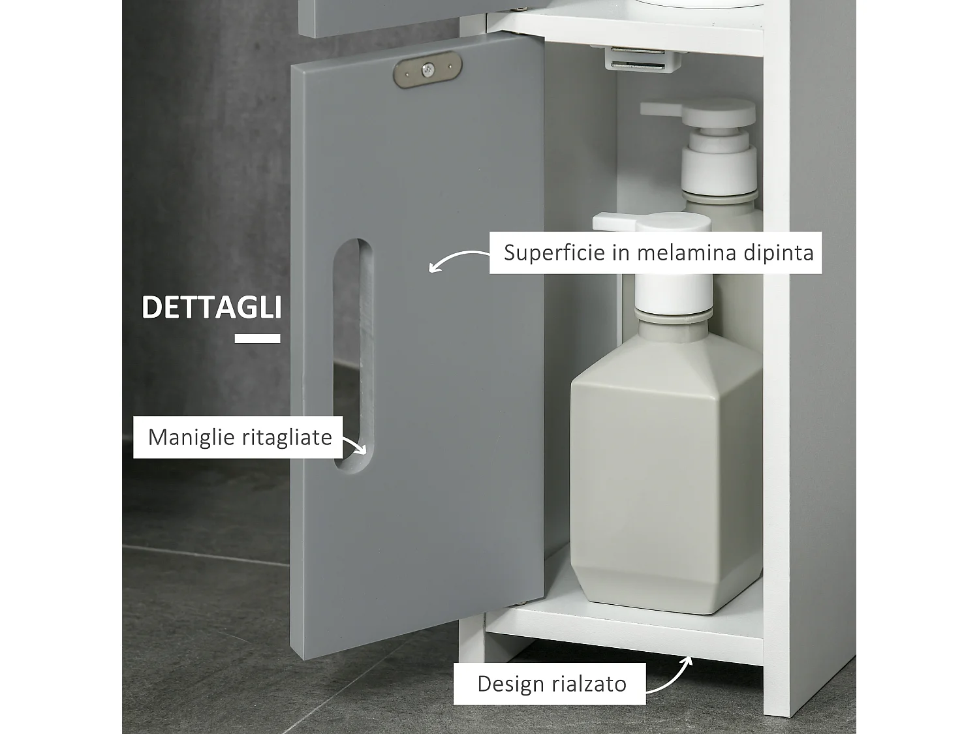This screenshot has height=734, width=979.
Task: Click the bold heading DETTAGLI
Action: tap(211, 307)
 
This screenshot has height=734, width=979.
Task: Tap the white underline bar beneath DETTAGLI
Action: tap(257, 338)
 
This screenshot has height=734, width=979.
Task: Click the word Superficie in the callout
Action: tap(555, 252)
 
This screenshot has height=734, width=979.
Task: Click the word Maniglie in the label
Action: tap(189, 437)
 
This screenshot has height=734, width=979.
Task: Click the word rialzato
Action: tap(589, 684)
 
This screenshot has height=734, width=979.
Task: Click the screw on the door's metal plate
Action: tap(427, 69)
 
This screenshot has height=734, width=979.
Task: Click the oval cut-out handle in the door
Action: tap(353, 356)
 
